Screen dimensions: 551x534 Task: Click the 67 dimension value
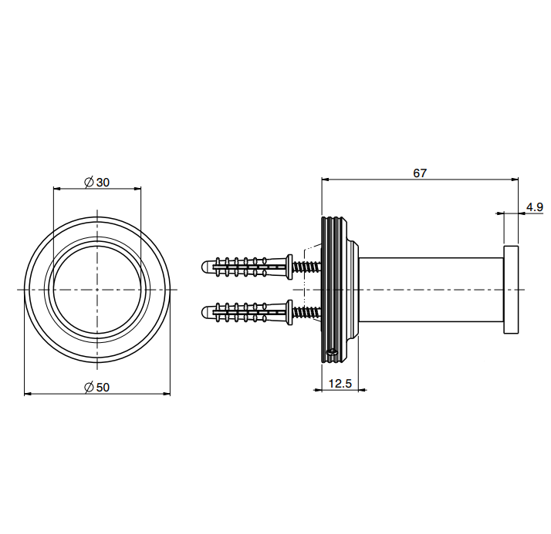click(x=420, y=173)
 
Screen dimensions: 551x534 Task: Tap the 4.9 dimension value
click(x=535, y=207)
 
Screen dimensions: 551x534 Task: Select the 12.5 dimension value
click(x=340, y=384)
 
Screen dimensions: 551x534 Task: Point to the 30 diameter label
click(x=103, y=183)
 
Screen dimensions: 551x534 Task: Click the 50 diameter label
click(x=103, y=388)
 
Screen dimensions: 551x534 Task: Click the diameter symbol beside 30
click(x=89, y=183)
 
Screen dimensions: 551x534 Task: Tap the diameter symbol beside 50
click(x=89, y=388)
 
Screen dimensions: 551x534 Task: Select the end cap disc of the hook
click(x=511, y=290)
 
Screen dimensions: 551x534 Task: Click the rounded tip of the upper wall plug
click(x=205, y=267)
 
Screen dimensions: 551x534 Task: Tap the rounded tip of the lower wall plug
click(x=205, y=312)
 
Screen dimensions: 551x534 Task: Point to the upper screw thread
click(x=307, y=267)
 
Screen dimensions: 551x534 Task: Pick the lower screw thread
click(x=307, y=312)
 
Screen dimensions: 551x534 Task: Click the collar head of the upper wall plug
click(x=289, y=267)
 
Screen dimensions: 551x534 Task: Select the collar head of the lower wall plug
click(x=289, y=312)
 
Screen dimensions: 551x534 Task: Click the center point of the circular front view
click(x=97, y=290)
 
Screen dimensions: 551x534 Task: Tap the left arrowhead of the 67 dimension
click(x=325, y=180)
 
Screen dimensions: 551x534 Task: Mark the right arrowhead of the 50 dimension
click(x=167, y=394)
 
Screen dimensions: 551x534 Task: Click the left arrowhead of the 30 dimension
click(x=57, y=189)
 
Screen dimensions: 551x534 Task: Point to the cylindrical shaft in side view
click(x=431, y=290)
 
